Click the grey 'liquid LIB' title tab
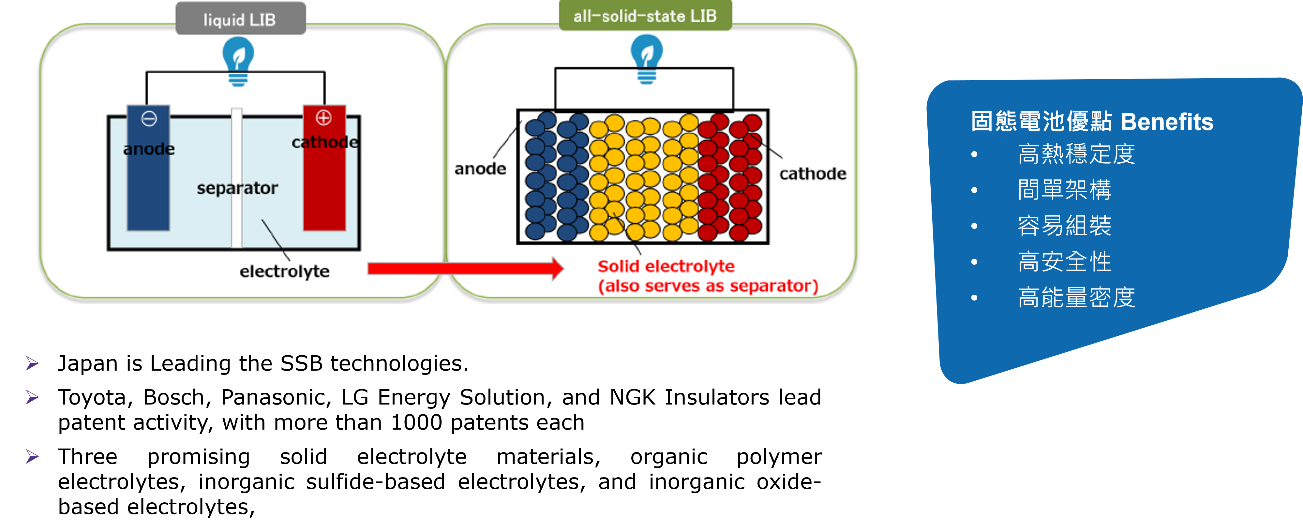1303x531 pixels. [x=240, y=19]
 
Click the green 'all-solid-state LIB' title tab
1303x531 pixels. [x=645, y=16]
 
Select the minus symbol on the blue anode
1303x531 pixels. [x=149, y=119]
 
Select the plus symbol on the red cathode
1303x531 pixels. [x=324, y=118]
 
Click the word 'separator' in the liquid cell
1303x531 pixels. [x=237, y=188]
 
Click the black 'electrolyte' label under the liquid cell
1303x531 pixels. [x=284, y=272]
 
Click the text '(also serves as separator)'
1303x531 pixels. [x=708, y=286]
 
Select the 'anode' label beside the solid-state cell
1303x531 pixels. [x=480, y=169]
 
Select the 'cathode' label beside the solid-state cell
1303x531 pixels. [x=812, y=174]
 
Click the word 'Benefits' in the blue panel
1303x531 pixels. [x=1166, y=122]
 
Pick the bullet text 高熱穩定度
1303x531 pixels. [x=1076, y=154]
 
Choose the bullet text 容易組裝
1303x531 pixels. [x=1064, y=226]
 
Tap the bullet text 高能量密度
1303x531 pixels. [x=1076, y=297]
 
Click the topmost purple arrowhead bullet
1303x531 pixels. [x=32, y=363]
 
